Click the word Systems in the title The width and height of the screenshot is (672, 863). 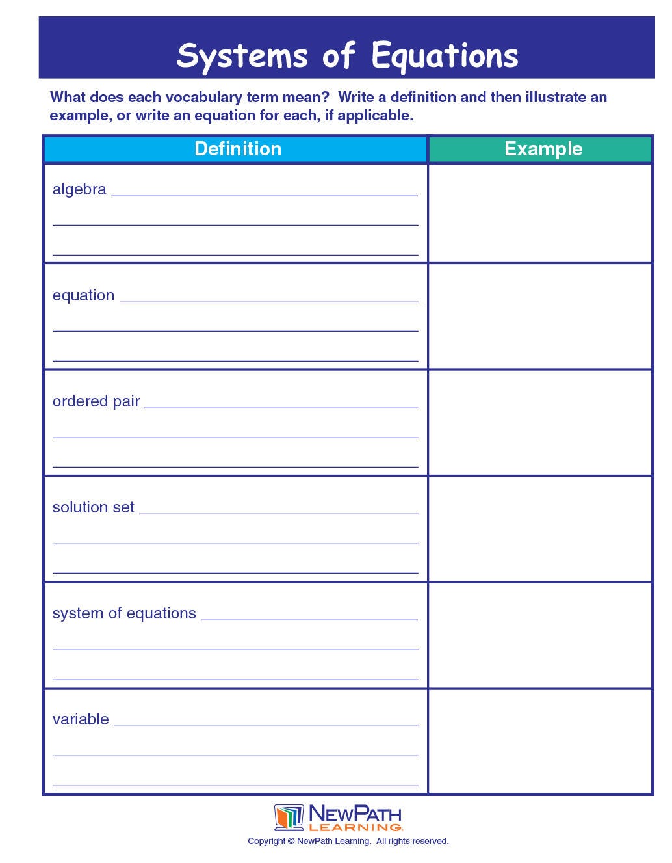(x=242, y=56)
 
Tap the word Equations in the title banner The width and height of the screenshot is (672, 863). (x=445, y=56)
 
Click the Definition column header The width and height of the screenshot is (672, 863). (x=238, y=149)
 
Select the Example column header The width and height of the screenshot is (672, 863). (x=543, y=149)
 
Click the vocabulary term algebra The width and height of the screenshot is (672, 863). (x=79, y=189)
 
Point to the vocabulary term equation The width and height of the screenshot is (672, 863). (x=83, y=295)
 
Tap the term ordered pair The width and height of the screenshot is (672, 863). (x=96, y=401)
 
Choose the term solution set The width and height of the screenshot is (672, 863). (x=93, y=507)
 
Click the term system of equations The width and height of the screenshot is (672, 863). (x=124, y=613)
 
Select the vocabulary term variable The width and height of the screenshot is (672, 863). (x=81, y=719)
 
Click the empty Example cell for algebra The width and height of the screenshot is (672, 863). (x=540, y=213)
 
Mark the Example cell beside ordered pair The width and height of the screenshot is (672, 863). (x=540, y=423)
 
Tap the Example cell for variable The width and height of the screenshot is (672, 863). (x=540, y=741)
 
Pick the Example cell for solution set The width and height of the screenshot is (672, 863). (x=540, y=529)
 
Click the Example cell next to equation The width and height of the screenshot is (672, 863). (x=540, y=316)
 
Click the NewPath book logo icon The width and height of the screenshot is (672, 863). (x=289, y=817)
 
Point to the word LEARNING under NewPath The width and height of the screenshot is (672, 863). (x=355, y=827)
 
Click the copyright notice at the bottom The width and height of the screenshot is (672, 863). (x=348, y=842)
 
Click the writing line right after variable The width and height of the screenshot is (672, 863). (x=266, y=724)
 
